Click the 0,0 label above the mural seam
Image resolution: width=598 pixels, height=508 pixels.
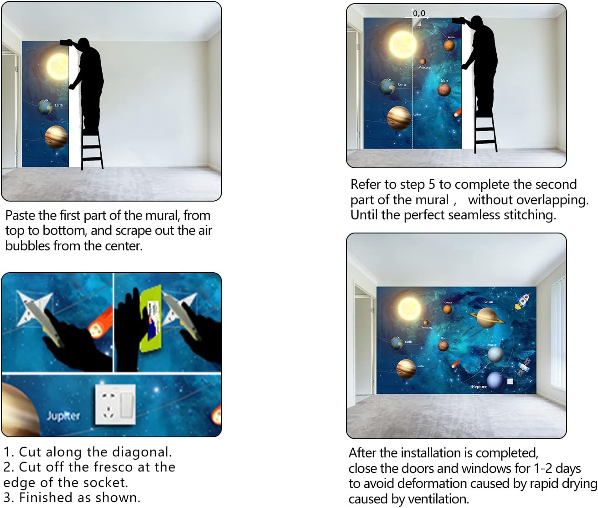point(419,13)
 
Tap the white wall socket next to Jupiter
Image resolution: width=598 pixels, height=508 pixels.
point(115,404)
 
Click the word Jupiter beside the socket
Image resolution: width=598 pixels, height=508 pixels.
point(63,415)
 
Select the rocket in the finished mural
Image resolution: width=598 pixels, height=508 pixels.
point(523,301)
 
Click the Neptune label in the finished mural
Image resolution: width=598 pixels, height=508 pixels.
point(479,387)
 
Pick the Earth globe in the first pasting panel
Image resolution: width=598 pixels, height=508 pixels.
point(46,107)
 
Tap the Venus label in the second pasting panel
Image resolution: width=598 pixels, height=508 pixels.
point(451,37)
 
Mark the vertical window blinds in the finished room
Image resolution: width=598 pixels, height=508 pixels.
point(558,333)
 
